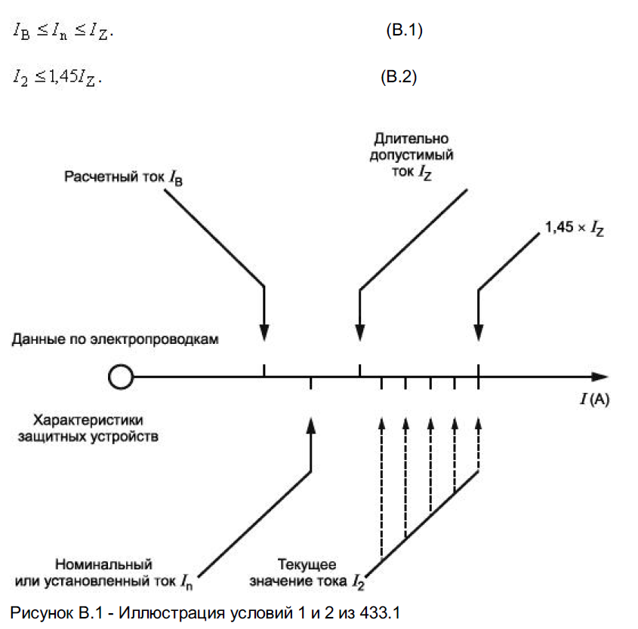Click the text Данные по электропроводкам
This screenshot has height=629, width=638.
click(x=116, y=339)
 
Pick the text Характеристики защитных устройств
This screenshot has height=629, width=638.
click(x=88, y=428)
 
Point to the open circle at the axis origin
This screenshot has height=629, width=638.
click(x=119, y=376)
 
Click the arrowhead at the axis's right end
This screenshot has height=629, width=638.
click(x=599, y=376)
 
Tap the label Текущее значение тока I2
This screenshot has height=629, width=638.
click(x=318, y=573)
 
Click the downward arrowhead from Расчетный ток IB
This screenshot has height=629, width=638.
click(x=264, y=333)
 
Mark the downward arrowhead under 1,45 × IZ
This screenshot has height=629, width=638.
click(x=479, y=333)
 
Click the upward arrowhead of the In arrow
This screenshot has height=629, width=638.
click(x=311, y=425)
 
